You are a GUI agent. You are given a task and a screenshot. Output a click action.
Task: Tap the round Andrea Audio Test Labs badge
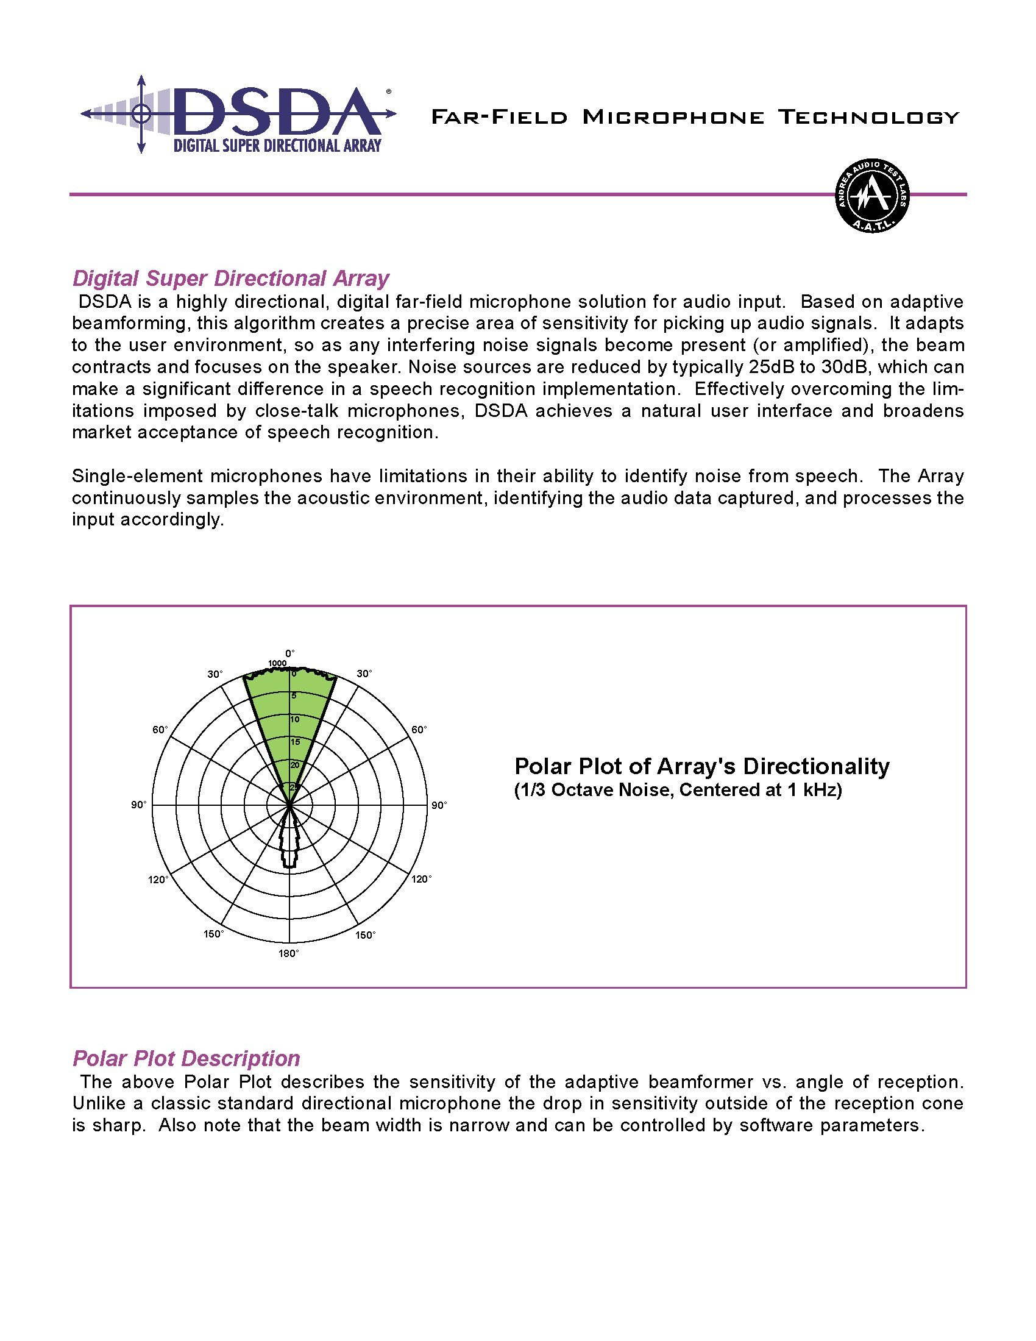[873, 194]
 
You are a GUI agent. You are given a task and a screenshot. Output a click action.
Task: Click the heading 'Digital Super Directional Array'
[231, 278]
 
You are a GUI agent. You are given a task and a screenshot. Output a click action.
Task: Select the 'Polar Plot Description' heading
[186, 1058]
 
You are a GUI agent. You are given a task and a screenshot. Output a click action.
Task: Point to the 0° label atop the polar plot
[289, 653]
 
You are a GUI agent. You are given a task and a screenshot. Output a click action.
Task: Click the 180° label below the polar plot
[289, 953]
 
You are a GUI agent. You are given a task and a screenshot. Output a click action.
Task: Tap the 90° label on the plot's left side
[139, 805]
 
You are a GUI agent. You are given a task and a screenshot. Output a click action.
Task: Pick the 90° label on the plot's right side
[439, 805]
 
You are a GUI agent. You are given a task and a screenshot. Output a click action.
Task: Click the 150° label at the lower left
[213, 934]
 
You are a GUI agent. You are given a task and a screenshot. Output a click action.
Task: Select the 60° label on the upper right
[419, 730]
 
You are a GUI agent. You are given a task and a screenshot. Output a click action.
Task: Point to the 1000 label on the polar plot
[277, 663]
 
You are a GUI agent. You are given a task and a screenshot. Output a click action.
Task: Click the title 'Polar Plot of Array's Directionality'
[701, 766]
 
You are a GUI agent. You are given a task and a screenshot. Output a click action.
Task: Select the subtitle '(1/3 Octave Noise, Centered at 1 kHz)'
[678, 790]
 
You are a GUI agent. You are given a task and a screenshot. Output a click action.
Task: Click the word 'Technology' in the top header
[868, 116]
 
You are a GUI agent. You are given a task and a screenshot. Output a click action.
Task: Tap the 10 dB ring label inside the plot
[295, 719]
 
